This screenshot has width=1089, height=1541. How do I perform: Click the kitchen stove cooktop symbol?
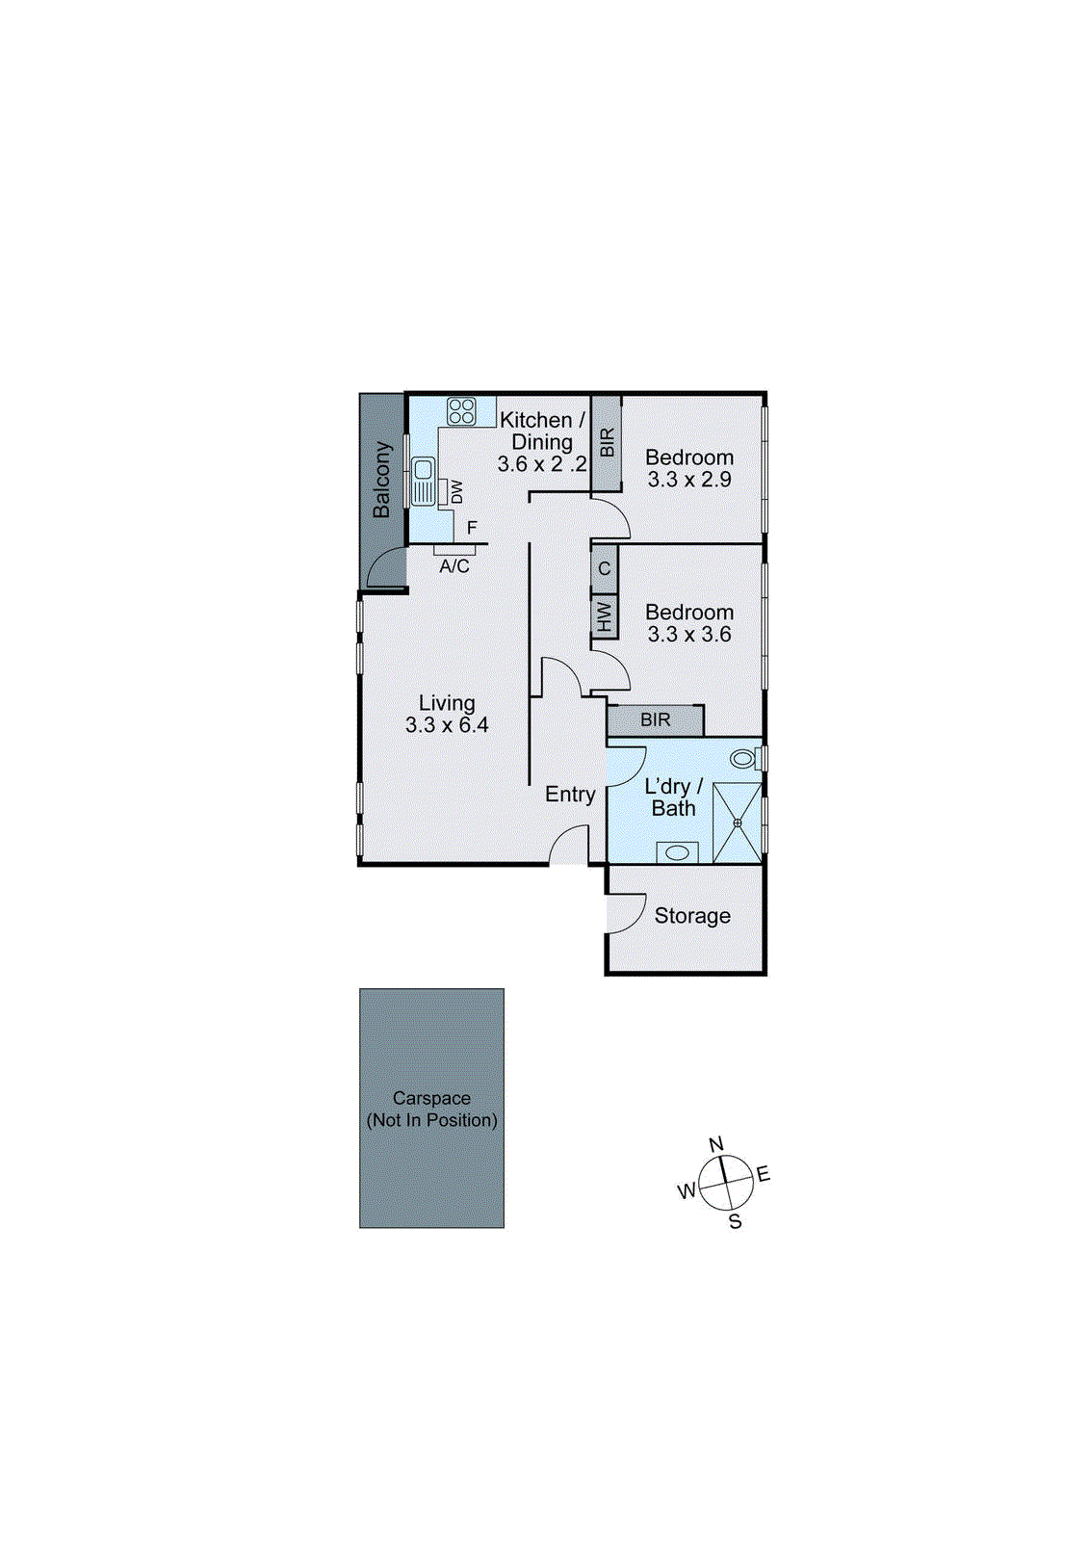point(461,411)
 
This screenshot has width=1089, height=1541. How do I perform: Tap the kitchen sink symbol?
point(423,482)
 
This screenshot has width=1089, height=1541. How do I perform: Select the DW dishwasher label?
point(456,492)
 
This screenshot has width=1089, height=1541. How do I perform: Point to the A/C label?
point(454,566)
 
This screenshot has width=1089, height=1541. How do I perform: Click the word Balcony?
point(382,479)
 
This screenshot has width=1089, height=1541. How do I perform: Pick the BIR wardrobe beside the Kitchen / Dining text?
point(607,443)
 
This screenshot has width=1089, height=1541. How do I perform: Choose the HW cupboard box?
point(604,615)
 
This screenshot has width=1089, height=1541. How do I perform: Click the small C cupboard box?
point(604,568)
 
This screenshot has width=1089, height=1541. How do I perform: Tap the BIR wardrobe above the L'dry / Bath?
point(656,719)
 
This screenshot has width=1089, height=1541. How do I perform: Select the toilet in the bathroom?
point(743,759)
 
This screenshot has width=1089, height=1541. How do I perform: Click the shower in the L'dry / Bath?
point(737,823)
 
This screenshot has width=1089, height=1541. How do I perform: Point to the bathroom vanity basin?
point(678,852)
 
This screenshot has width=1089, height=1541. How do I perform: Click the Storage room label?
point(692,916)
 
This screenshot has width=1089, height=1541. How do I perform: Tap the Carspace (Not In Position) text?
point(431,1109)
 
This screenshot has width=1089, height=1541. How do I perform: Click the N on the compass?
point(715,1144)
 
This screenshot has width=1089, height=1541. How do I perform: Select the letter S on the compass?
point(735,1221)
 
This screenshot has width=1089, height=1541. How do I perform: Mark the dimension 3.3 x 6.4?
point(447,725)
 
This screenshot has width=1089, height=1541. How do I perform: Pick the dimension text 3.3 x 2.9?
point(689,480)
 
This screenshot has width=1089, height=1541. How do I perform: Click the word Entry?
point(570,795)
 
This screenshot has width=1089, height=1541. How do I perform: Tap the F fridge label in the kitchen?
point(472,528)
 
